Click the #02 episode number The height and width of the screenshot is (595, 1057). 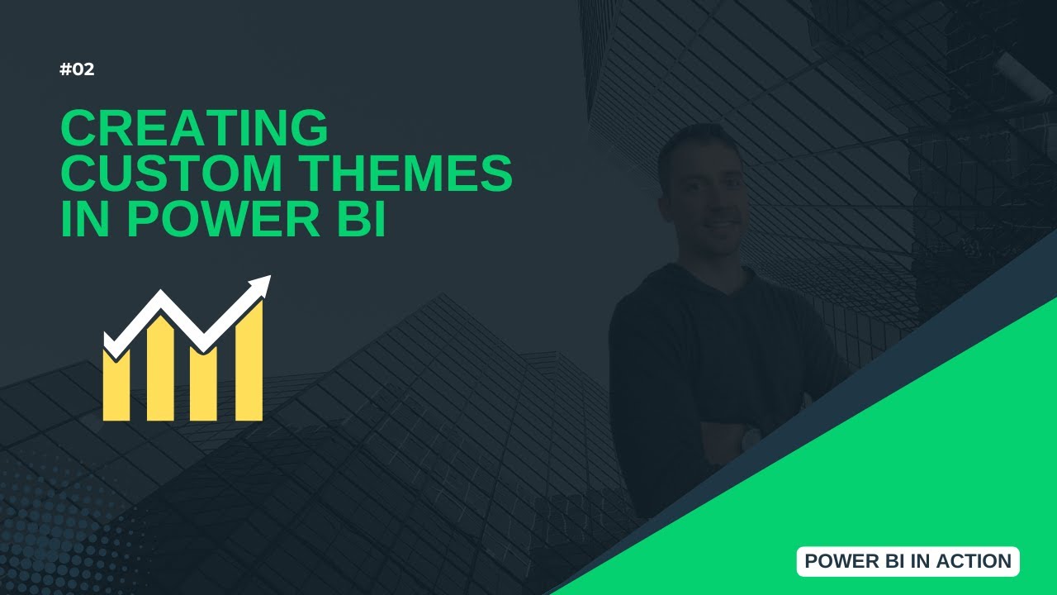pos(77,69)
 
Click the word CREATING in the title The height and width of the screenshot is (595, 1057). pos(195,129)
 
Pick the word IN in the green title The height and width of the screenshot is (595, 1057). pos(87,218)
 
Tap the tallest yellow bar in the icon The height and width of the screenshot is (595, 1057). pos(249,364)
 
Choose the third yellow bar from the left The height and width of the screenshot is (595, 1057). pos(203,384)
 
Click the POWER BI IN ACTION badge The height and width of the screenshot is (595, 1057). pos(908,561)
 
